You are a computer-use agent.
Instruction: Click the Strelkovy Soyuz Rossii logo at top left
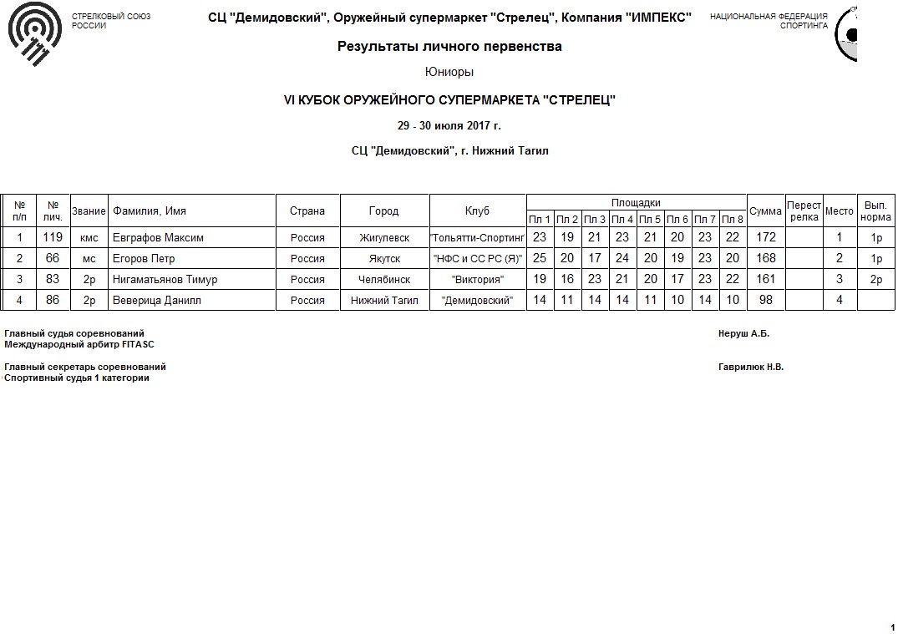click(x=34, y=38)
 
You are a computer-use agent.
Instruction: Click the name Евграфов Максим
click(x=158, y=238)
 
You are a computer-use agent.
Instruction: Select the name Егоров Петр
click(x=144, y=259)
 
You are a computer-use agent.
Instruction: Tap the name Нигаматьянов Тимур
click(x=165, y=280)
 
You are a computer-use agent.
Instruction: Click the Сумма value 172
click(x=766, y=238)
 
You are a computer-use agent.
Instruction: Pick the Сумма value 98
click(x=766, y=301)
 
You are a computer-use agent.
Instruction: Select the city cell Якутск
click(x=384, y=259)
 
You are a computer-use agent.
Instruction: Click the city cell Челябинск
click(x=384, y=280)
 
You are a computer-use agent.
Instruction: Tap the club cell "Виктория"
click(x=478, y=280)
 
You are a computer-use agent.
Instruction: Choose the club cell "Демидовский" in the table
click(x=478, y=301)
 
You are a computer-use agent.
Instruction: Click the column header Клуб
click(x=478, y=211)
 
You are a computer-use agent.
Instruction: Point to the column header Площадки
click(x=636, y=203)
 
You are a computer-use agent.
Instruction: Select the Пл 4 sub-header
click(x=622, y=220)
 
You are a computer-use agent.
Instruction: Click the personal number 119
click(x=53, y=238)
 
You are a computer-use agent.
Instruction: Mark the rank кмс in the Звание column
click(x=89, y=238)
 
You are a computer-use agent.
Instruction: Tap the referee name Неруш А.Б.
click(x=743, y=334)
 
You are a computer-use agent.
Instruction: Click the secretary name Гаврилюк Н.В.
click(x=751, y=367)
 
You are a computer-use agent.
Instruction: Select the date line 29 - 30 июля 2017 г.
click(x=449, y=126)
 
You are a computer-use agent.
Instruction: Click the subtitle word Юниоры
click(x=449, y=73)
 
